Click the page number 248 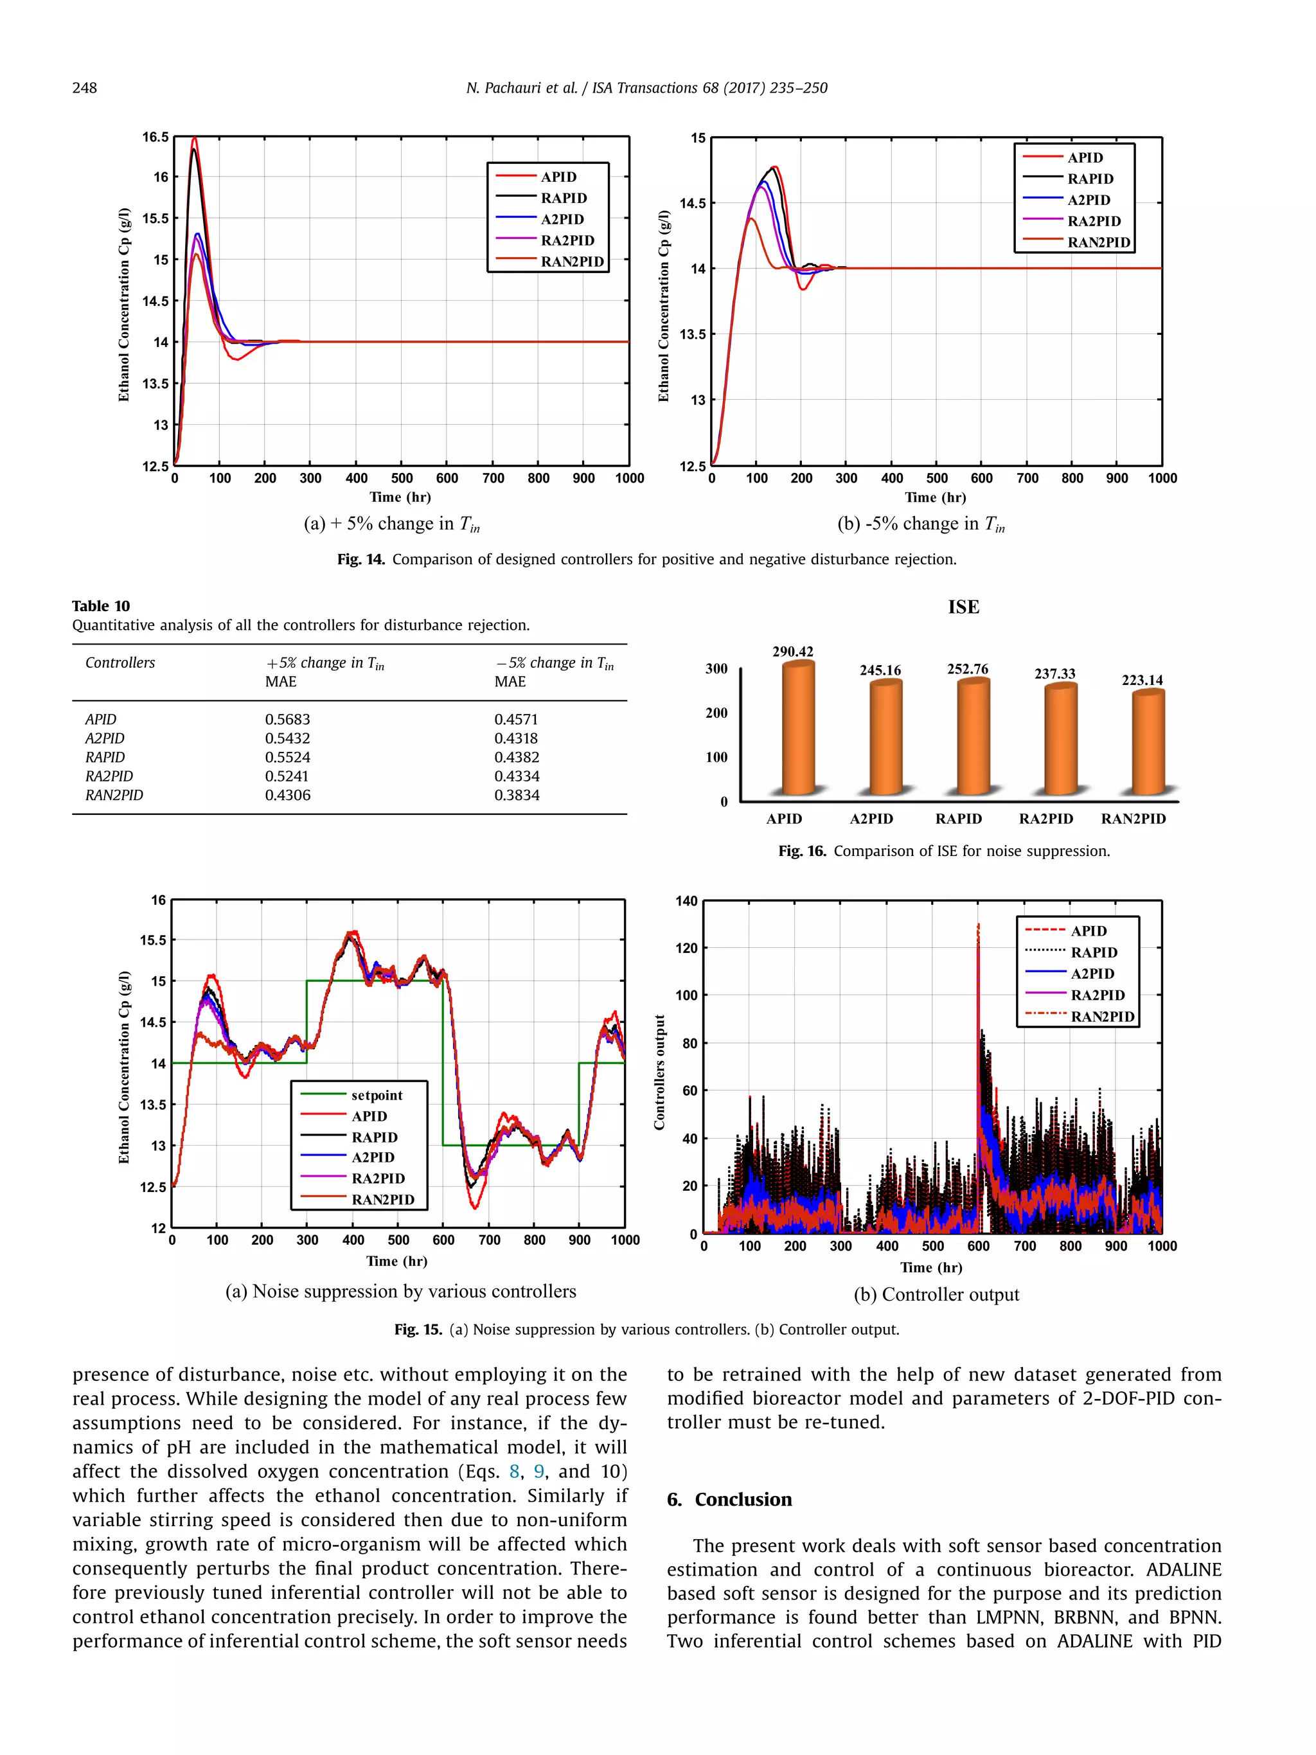point(85,88)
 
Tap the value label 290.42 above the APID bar point(792,652)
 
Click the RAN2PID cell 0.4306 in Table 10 point(287,795)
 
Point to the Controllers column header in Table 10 point(120,663)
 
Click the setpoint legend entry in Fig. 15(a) point(376,1095)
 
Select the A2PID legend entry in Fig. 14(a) point(562,219)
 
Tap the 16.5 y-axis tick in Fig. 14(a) point(156,138)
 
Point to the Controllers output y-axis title point(659,1072)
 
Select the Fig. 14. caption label point(361,559)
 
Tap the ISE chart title point(963,607)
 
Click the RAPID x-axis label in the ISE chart point(958,819)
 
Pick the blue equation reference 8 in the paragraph point(514,1472)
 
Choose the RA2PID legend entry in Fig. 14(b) point(1094,221)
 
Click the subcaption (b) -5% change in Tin point(920,524)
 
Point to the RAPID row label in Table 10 point(105,757)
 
